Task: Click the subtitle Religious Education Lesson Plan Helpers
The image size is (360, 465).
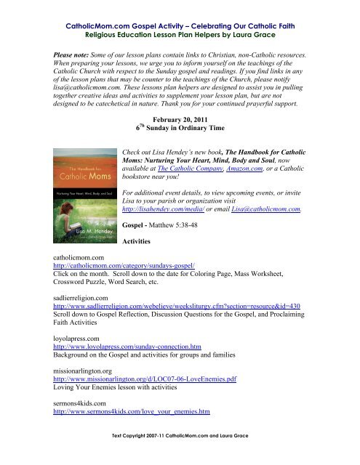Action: pos(180,23)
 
